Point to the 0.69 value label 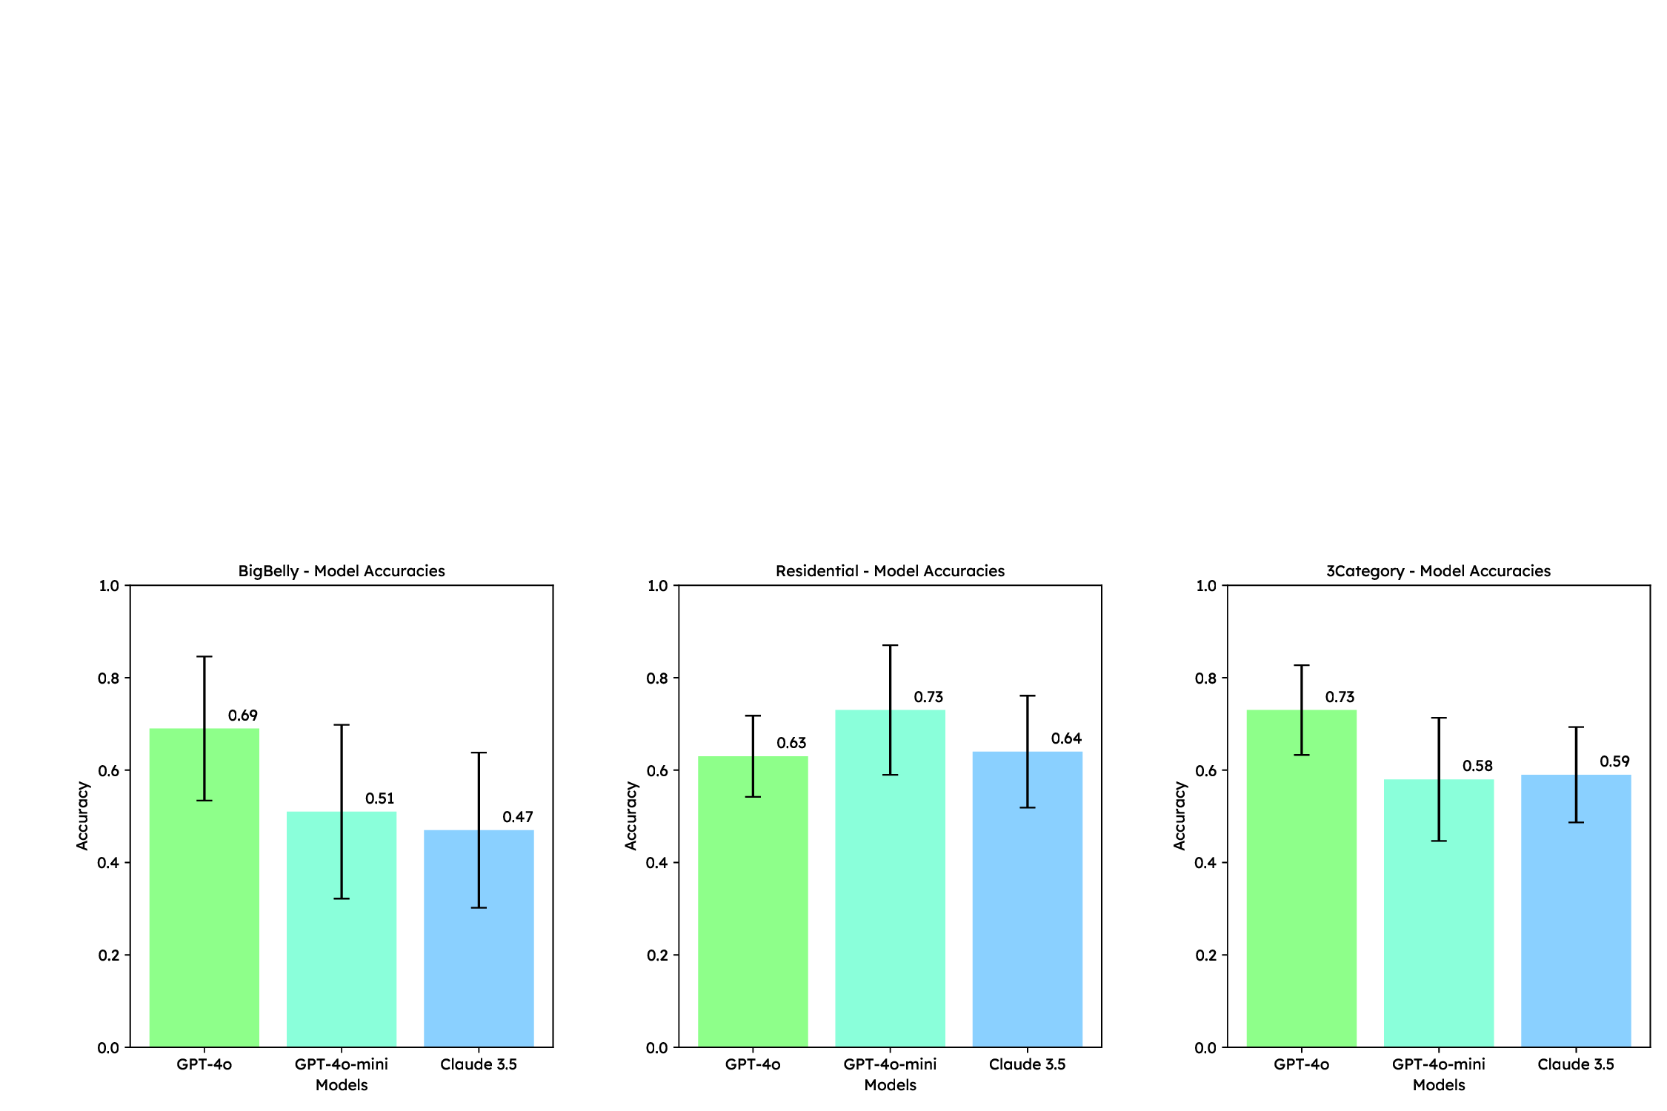242,715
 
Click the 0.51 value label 379,798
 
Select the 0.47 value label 517,817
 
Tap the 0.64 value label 1066,738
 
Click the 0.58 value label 1477,766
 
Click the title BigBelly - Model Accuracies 342,571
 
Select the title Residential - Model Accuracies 890,571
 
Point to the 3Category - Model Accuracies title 1438,571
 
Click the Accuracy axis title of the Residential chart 630,815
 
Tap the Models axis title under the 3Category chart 1438,1085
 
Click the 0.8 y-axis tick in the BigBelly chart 108,678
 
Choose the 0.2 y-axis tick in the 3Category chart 1205,955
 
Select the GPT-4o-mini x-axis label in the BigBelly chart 342,1064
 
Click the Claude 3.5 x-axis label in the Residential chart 1027,1064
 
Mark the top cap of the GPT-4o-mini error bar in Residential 890,645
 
